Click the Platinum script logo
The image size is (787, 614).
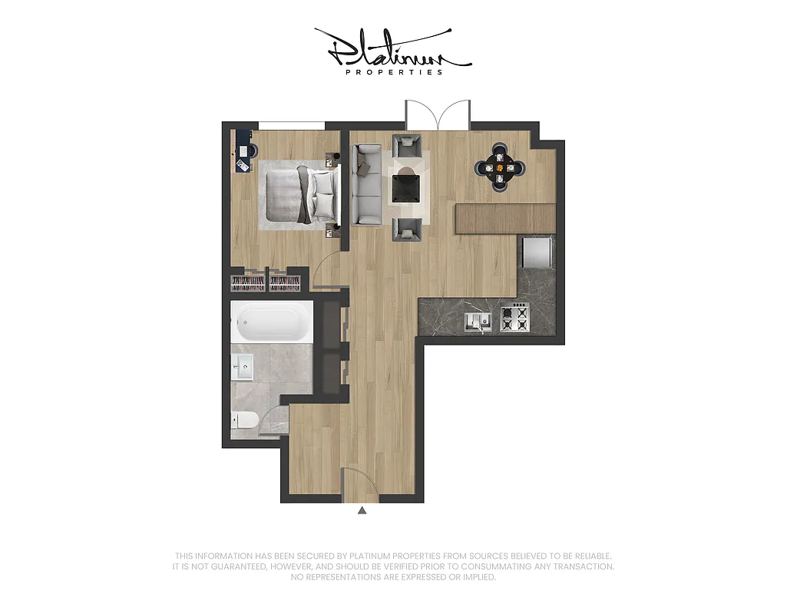pyautogui.click(x=393, y=49)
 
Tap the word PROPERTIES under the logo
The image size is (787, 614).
pyautogui.click(x=395, y=72)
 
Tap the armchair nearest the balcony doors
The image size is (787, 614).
pyautogui.click(x=407, y=145)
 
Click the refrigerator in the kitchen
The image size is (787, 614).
pyautogui.click(x=537, y=252)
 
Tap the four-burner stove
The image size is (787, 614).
pyautogui.click(x=514, y=318)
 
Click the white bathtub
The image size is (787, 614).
pyautogui.click(x=272, y=322)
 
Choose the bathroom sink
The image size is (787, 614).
pyautogui.click(x=244, y=367)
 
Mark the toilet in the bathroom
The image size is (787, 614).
pyautogui.click(x=245, y=420)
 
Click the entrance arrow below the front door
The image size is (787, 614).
pyautogui.click(x=362, y=509)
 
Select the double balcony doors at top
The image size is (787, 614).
pyautogui.click(x=438, y=115)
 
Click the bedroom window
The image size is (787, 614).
pyautogui.click(x=292, y=125)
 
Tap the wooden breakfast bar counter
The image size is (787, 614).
pyautogui.click(x=505, y=219)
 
